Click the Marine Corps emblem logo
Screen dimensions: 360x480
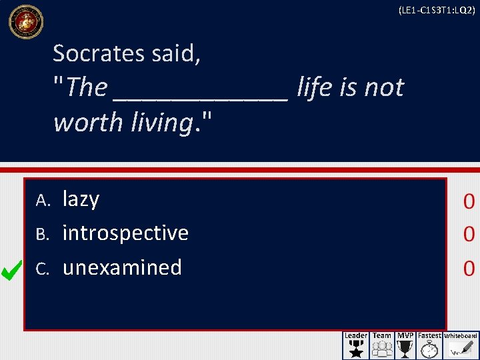coord(25,21)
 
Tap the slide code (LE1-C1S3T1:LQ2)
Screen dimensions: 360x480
coord(436,10)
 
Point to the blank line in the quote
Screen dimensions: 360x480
coord(201,93)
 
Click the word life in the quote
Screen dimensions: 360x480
coord(316,87)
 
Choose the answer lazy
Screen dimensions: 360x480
coord(81,199)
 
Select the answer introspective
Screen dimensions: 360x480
coord(125,233)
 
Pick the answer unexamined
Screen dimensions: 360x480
coord(122,267)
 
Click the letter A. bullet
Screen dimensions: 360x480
coord(43,200)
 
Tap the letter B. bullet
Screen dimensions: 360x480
coord(43,234)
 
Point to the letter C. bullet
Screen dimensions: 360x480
coord(43,268)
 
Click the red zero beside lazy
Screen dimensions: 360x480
coord(469,201)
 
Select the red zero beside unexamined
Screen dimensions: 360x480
coord(469,268)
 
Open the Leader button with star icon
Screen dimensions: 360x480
coord(355,345)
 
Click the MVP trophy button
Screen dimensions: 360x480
coord(405,345)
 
